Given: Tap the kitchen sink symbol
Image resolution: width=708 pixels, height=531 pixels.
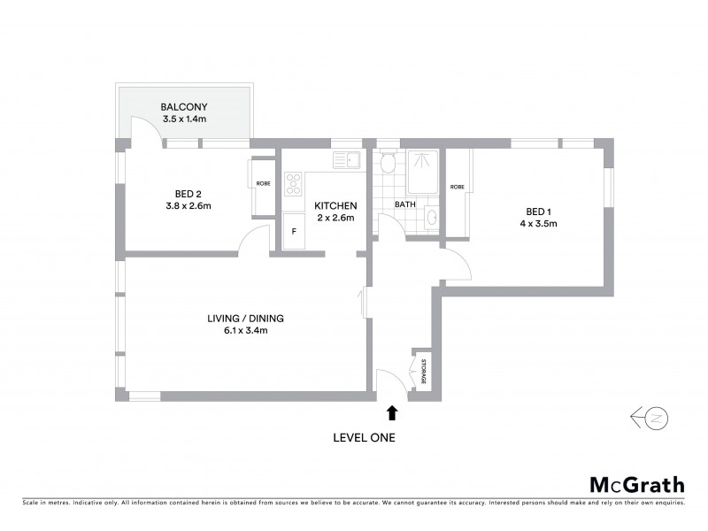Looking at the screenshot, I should coord(345,160).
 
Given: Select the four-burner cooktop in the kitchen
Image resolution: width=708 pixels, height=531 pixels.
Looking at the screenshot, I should coord(293,184).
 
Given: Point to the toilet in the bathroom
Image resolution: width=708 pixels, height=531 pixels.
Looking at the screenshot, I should coord(387,163).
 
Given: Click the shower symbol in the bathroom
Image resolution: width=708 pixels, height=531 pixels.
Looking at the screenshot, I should coord(423,170).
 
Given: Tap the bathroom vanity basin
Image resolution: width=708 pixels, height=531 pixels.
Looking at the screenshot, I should coord(430,216).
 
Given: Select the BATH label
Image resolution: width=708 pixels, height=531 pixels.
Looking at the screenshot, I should coord(404,204).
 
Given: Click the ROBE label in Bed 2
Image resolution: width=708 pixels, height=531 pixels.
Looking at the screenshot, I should coord(264,184).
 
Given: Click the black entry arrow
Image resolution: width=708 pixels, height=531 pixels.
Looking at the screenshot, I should coord(392,412).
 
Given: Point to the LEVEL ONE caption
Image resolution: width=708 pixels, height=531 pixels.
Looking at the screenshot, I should coord(364,437).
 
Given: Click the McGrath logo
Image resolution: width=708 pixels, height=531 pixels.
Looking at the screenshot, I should coord(636,484).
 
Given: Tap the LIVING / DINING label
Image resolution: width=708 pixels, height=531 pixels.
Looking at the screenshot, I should coord(245,319).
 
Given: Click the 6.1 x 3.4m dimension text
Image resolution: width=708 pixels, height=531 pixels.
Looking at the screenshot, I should coord(245,331).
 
